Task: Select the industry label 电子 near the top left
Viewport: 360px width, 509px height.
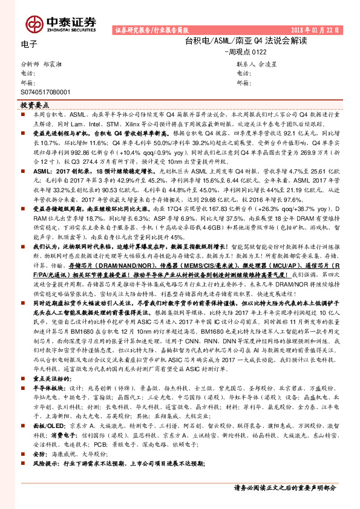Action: [x=29, y=44]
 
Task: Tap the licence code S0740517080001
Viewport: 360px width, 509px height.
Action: [x=45, y=92]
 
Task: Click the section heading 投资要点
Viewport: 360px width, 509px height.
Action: [x=33, y=104]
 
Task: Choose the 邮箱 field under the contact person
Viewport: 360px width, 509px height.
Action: [x=244, y=82]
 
